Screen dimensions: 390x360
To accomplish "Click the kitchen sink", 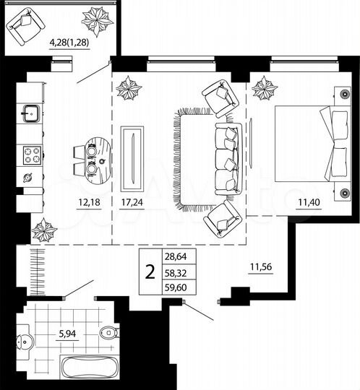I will coord(31,112).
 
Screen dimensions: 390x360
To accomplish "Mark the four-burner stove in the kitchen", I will coord(32,155).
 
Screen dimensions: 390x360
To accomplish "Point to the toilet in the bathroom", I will coord(108,334).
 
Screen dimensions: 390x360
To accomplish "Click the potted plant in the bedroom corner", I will coord(264,90).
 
